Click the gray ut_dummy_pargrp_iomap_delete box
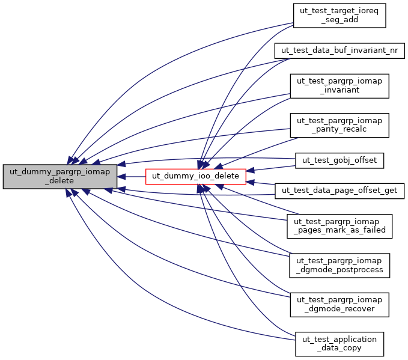point(60,176)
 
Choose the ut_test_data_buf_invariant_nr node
point(339,50)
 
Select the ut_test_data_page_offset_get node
point(339,191)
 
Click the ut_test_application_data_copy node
point(339,344)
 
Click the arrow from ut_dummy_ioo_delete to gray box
point(132,177)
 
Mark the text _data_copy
point(339,349)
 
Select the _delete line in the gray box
point(60,181)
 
